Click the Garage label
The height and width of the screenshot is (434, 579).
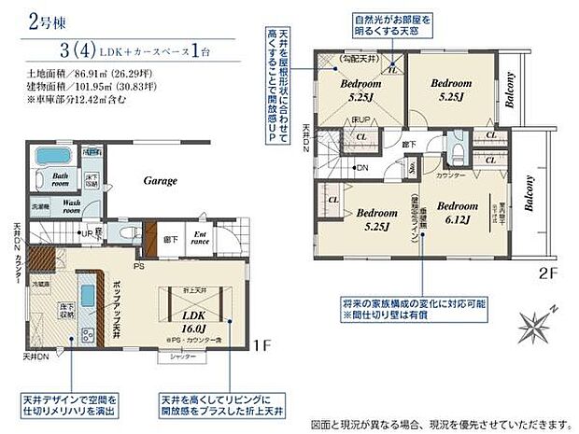point(161,180)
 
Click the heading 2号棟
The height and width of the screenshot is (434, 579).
point(29,20)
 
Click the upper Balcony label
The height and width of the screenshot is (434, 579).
point(510,91)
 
